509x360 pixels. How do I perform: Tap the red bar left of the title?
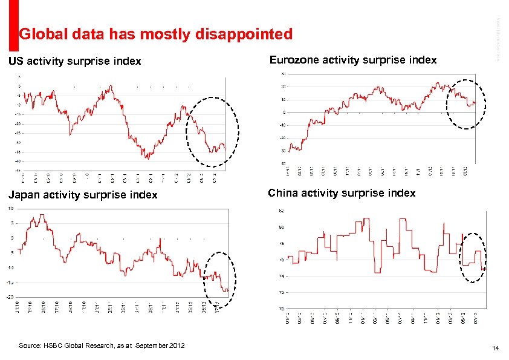(13, 24)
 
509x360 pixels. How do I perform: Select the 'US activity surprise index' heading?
(74, 61)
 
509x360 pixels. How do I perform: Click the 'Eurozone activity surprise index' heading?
(353, 60)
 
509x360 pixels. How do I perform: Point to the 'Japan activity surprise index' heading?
(83, 195)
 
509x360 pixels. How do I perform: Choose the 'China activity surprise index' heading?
(342, 193)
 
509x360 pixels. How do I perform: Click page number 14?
(495, 349)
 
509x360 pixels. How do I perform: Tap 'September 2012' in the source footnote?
(160, 345)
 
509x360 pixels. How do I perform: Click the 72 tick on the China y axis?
(281, 292)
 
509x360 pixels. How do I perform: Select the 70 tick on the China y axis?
(281, 309)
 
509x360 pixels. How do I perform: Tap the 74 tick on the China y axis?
(281, 276)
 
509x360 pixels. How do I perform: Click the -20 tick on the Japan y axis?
(10, 296)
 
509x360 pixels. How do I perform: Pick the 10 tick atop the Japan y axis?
(10, 208)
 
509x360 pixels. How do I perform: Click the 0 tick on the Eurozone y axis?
(284, 113)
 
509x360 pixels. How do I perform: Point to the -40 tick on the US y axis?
(18, 162)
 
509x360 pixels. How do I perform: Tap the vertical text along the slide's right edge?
(499, 36)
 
